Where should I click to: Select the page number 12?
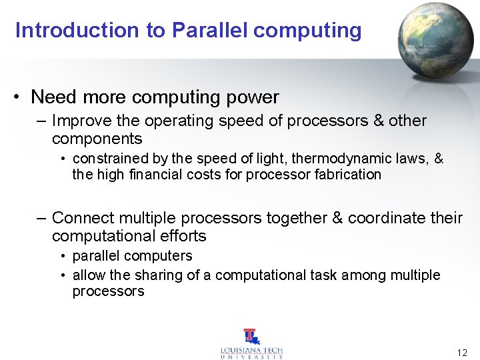pyautogui.click(x=462, y=352)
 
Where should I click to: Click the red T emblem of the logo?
pyautogui.click(x=251, y=337)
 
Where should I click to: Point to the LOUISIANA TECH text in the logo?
pyautogui.click(x=251, y=350)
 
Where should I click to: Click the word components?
pyautogui.click(x=97, y=139)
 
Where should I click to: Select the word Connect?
pyautogui.click(x=80, y=218)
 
